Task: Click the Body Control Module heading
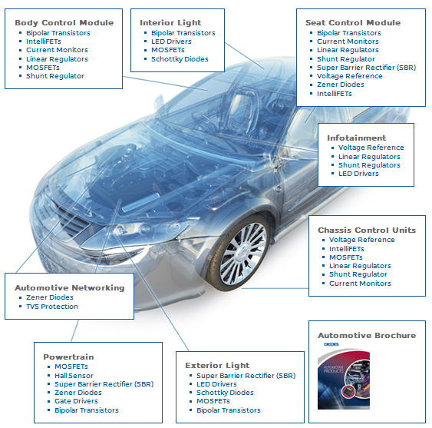pos(64,22)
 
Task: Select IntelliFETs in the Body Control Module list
pos(44,41)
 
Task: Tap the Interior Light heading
pos(170,22)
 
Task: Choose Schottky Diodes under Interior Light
pos(180,59)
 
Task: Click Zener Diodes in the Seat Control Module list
pos(341,85)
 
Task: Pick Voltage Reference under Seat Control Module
pos(350,76)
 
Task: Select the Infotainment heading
pos(357,138)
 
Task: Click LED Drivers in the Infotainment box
pos(358,174)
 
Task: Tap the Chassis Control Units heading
pos(367,230)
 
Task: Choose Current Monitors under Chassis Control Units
pos(360,284)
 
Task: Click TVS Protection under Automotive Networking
pos(52,307)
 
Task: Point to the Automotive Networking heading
pos(70,288)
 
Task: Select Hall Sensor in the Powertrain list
pos(74,376)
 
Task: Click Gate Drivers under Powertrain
pos(76,401)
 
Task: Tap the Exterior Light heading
pos(217,365)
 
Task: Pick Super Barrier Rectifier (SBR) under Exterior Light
pos(246,376)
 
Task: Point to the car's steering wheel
pos(203,121)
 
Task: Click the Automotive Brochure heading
pos(367,335)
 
